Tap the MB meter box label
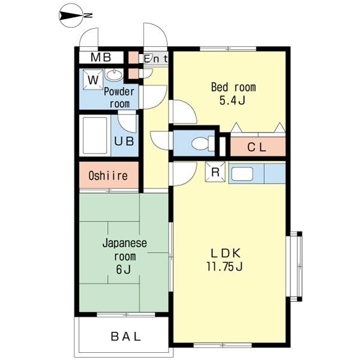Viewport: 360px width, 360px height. [x=101, y=58]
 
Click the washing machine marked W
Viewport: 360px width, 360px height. [x=93, y=80]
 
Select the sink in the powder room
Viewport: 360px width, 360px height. [x=114, y=75]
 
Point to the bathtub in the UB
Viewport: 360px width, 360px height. [x=95, y=136]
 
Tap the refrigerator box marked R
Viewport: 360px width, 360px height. [x=215, y=172]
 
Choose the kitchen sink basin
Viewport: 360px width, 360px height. [x=242, y=174]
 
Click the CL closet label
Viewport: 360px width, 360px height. [x=257, y=147]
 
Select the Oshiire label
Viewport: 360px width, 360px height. [x=108, y=176]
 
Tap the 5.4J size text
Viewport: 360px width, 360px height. [x=232, y=100]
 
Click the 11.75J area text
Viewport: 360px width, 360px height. [x=224, y=266]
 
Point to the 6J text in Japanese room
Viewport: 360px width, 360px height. [x=123, y=269]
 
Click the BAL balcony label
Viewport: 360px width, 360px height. [x=125, y=337]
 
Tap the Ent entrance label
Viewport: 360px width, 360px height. [x=155, y=59]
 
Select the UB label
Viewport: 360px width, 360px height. [x=124, y=141]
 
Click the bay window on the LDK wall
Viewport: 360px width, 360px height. [x=295, y=266]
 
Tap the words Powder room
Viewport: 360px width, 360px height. [x=119, y=98]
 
